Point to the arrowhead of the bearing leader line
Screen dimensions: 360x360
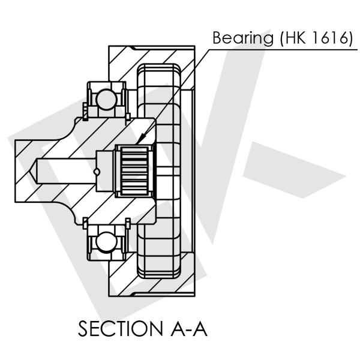(139, 143)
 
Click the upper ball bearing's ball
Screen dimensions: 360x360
(106, 97)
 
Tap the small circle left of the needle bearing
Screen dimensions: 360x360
(97, 173)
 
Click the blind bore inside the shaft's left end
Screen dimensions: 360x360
(66, 170)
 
